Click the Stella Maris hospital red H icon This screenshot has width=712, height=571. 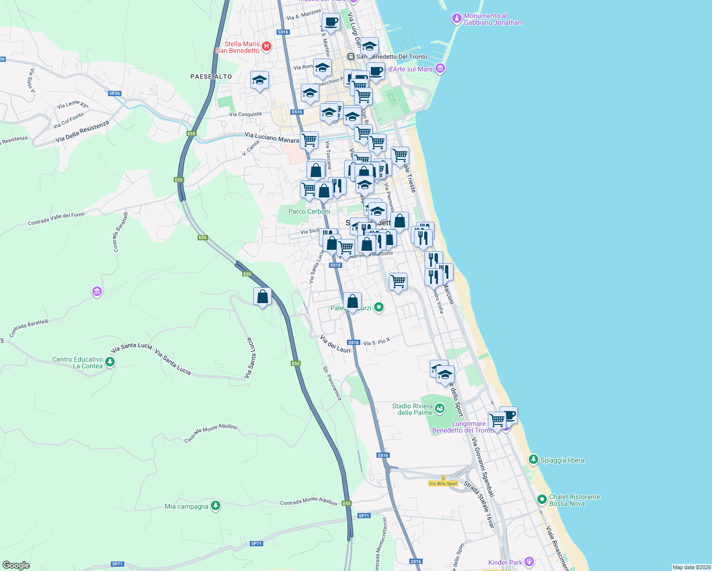[x=267, y=47]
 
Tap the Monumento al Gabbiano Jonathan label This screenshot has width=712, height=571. [x=493, y=19]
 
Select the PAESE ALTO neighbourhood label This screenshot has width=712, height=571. [x=211, y=77]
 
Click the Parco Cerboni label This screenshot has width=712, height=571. [x=309, y=211]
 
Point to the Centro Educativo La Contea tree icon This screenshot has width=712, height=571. [x=110, y=363]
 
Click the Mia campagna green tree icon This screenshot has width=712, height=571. [x=216, y=506]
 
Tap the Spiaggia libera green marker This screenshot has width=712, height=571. [x=533, y=460]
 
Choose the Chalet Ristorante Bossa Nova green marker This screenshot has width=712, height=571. [x=542, y=500]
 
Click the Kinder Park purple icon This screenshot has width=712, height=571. [x=529, y=562]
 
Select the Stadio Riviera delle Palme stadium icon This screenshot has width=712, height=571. [x=440, y=408]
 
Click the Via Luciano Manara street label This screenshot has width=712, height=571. [x=272, y=138]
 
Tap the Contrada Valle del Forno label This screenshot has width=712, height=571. [x=56, y=219]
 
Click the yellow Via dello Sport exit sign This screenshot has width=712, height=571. [x=443, y=483]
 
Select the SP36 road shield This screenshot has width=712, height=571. [x=115, y=93]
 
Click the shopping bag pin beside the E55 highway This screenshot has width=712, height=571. [x=262, y=297]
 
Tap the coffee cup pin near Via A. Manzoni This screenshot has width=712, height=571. [x=331, y=22]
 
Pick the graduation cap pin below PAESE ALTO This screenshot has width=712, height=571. [x=259, y=80]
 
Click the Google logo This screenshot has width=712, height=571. [x=16, y=565]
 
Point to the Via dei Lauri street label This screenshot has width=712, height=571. [x=335, y=344]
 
